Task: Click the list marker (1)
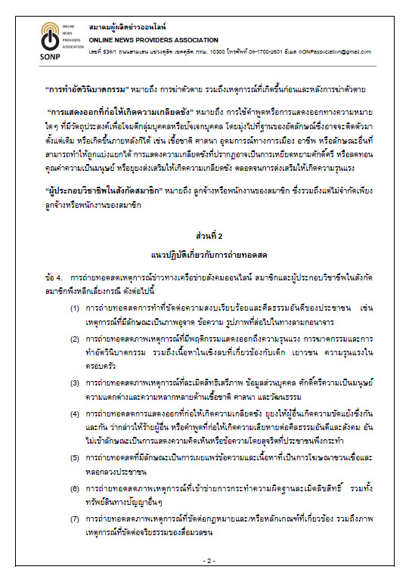click(75, 311)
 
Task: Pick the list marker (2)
click(75, 341)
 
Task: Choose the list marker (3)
click(75, 383)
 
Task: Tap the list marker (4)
click(75, 414)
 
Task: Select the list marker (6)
click(75, 489)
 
